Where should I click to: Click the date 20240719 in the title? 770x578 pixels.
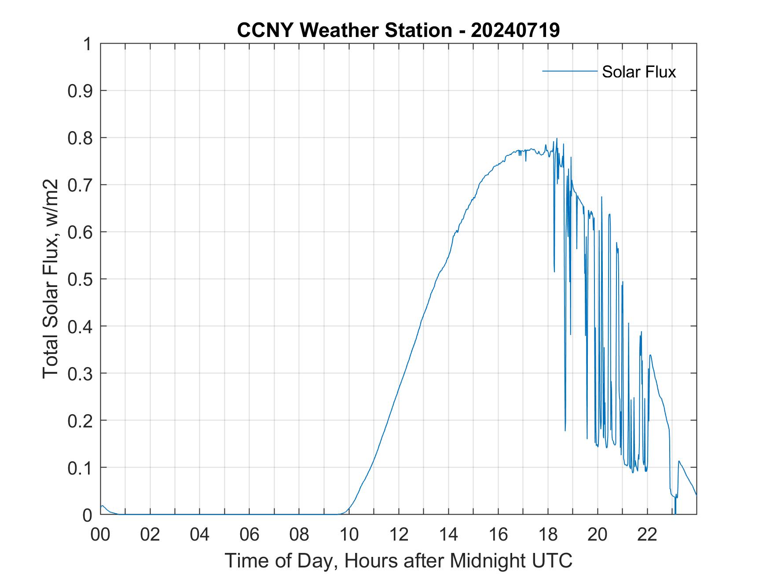[x=515, y=30]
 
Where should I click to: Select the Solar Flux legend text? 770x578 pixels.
[x=638, y=72]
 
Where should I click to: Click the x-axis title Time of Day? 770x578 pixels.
[x=398, y=561]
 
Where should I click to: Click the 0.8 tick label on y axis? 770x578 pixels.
[x=81, y=138]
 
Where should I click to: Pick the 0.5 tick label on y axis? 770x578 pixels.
[x=81, y=279]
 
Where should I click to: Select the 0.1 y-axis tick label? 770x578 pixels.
[x=81, y=468]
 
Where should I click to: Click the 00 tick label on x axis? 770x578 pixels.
[x=100, y=535]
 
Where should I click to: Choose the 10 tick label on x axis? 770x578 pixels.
[x=349, y=535]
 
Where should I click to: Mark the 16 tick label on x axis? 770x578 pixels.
[x=498, y=535]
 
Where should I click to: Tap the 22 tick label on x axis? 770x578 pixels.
[x=647, y=535]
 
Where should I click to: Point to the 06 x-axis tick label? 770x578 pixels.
[x=249, y=535]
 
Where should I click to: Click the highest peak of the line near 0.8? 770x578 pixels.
[x=557, y=139]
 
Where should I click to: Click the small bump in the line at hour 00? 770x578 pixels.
[x=102, y=506]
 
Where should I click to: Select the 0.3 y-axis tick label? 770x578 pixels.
[x=81, y=373]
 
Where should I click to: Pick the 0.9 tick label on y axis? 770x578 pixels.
[x=81, y=91]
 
